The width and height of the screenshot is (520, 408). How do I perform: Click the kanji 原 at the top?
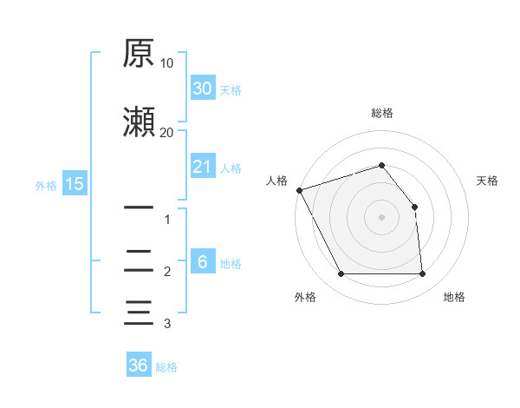click(x=139, y=53)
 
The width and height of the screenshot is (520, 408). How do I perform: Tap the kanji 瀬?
click(x=139, y=122)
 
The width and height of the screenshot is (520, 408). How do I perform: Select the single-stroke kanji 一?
click(x=139, y=207)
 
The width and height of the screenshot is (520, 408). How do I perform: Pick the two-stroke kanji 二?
click(x=139, y=260)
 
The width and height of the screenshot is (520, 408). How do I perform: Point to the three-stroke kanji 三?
click(x=139, y=313)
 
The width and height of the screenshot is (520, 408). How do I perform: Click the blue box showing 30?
click(x=203, y=88)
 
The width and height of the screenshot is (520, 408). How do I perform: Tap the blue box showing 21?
click(x=203, y=166)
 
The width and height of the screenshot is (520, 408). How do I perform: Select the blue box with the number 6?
click(x=203, y=260)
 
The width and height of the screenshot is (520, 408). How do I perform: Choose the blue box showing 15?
click(x=75, y=183)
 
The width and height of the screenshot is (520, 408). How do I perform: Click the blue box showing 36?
click(x=139, y=364)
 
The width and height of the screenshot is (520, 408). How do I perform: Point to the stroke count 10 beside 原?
click(x=166, y=63)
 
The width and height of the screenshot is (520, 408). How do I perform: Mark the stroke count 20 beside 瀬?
click(x=166, y=133)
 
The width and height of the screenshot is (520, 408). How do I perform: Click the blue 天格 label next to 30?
click(x=231, y=90)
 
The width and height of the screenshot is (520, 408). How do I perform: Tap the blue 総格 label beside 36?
click(x=166, y=367)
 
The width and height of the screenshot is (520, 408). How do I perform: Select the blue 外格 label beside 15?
click(x=46, y=186)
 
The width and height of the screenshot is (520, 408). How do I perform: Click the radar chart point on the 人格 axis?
click(x=300, y=190)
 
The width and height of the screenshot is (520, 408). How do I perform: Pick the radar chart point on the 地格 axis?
click(x=422, y=273)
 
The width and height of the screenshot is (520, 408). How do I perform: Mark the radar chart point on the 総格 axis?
click(x=381, y=165)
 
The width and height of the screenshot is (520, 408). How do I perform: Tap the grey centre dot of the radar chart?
click(x=381, y=217)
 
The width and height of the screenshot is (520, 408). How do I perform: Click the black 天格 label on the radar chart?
click(x=487, y=181)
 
